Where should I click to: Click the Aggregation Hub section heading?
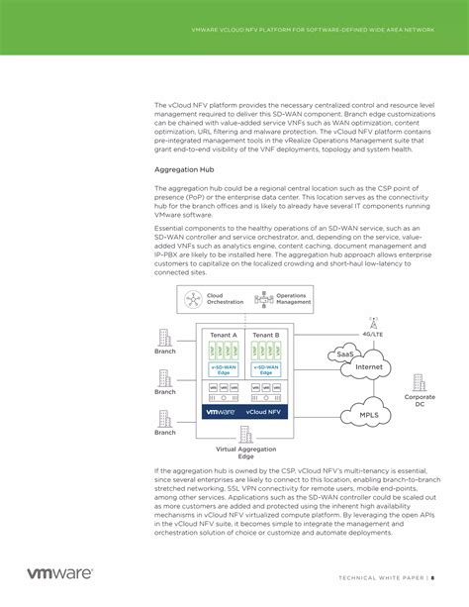pos(184,169)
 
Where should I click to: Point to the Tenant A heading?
pos(223,335)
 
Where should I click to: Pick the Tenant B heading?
pos(266,335)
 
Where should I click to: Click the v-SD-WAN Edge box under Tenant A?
pos(223,368)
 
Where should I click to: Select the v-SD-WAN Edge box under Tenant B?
pos(266,368)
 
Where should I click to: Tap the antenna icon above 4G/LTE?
pos(373,323)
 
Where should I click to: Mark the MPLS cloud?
pos(369,414)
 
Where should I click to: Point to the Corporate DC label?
pos(420,400)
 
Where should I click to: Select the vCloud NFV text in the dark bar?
pos(264,410)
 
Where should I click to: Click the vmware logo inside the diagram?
pos(221,410)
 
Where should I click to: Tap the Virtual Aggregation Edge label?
pos(244,453)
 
